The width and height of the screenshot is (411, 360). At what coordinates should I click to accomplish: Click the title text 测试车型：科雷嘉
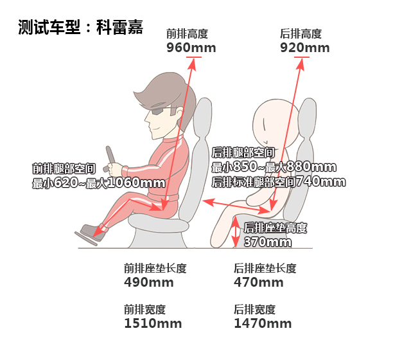tap(80, 27)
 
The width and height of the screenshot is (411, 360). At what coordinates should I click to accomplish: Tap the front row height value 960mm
tap(191, 48)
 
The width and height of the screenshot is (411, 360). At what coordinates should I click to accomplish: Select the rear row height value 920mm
tap(305, 48)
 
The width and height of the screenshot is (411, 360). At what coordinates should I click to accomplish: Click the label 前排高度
tap(187, 34)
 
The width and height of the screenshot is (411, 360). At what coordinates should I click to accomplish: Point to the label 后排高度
tap(301, 34)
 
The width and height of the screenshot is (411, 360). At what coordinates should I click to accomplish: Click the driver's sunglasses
tap(161, 110)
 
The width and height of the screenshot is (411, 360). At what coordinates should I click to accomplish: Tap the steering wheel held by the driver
tap(110, 159)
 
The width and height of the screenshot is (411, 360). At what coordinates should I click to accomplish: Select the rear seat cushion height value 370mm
tap(268, 242)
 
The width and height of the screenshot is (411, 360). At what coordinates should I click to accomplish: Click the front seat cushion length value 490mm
tap(149, 283)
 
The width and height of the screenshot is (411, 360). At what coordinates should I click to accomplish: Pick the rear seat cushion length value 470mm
tap(259, 283)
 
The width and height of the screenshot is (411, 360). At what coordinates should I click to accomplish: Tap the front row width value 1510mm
tap(153, 323)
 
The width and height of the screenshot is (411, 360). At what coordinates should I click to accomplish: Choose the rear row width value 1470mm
tap(263, 323)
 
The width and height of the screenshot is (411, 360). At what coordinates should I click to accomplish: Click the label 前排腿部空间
tap(64, 168)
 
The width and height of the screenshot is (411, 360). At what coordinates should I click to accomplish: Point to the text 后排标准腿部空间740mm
tap(279, 182)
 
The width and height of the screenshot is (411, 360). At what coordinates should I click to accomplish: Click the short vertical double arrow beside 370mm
tap(236, 231)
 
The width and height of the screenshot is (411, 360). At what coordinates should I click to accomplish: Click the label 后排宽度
tap(254, 309)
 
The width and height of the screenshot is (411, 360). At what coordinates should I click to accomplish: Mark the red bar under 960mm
tap(194, 57)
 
